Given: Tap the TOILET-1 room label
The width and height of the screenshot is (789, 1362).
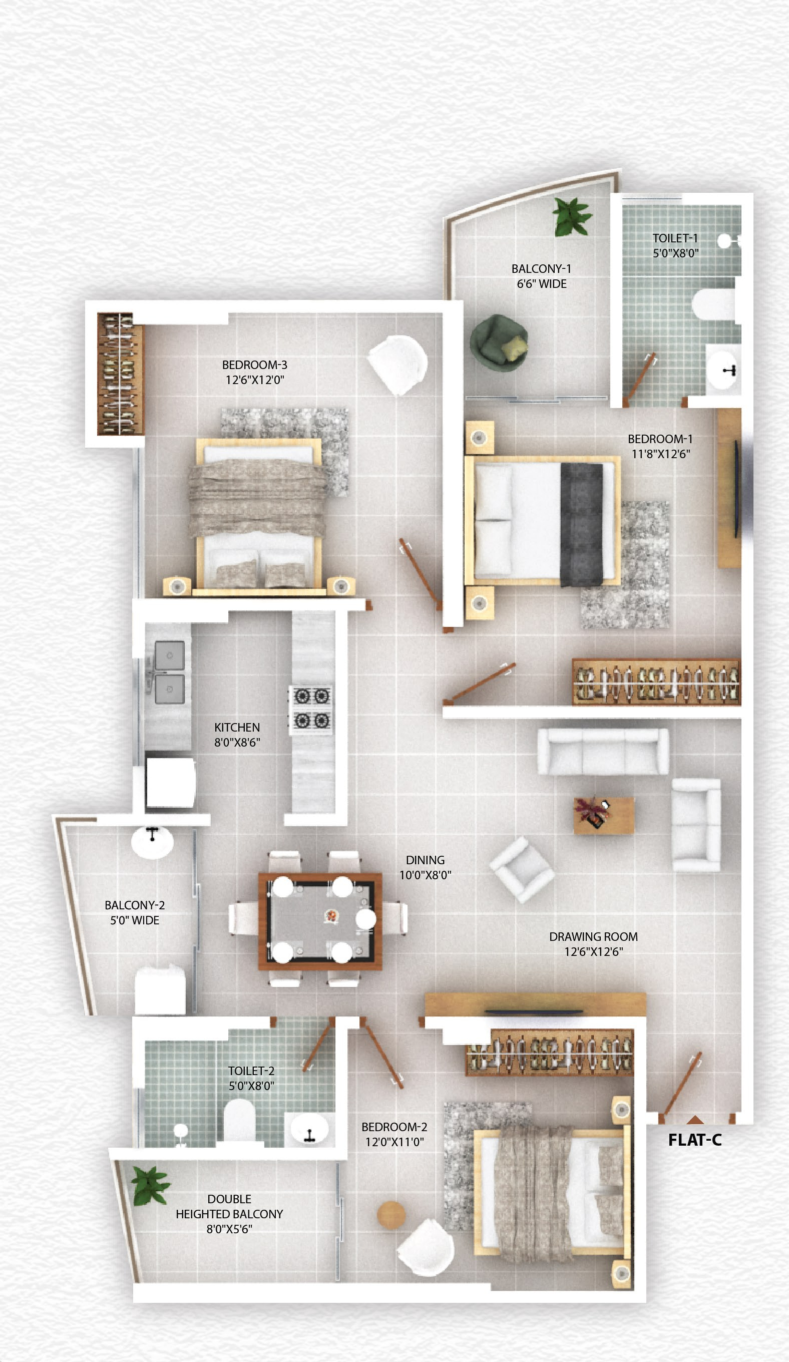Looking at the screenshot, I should [x=675, y=238].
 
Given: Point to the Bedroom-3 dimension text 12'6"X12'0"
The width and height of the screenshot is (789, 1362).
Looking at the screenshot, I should [x=254, y=380].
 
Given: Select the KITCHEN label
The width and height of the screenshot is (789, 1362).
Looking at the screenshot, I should [x=237, y=728].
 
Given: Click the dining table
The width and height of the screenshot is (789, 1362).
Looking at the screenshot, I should [x=320, y=920].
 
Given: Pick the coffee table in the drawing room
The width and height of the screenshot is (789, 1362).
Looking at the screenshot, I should [x=604, y=816].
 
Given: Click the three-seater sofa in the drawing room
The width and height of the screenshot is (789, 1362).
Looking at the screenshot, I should [x=603, y=751].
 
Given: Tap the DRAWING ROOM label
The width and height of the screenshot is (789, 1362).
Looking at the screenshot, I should [x=593, y=937].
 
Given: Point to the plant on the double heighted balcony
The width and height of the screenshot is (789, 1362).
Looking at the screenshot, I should [x=150, y=1186].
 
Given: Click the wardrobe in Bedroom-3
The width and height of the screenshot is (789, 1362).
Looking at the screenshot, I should [x=120, y=374].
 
